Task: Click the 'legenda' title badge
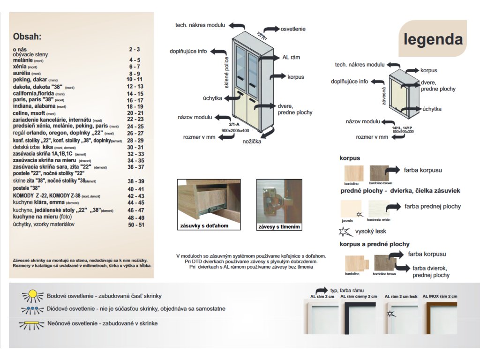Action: pyautogui.click(x=433, y=39)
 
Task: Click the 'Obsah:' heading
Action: pyautogui.click(x=28, y=36)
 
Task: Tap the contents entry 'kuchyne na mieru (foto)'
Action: pyautogui.click(x=43, y=218)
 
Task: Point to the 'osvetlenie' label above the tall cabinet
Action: pyautogui.click(x=293, y=29)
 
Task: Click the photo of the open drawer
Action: pyautogui.click(x=208, y=201)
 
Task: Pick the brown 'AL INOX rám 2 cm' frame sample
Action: pyautogui.click(x=440, y=317)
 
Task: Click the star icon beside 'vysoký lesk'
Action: pyautogui.click(x=344, y=232)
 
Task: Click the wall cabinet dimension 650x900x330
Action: pyautogui.click(x=403, y=132)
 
